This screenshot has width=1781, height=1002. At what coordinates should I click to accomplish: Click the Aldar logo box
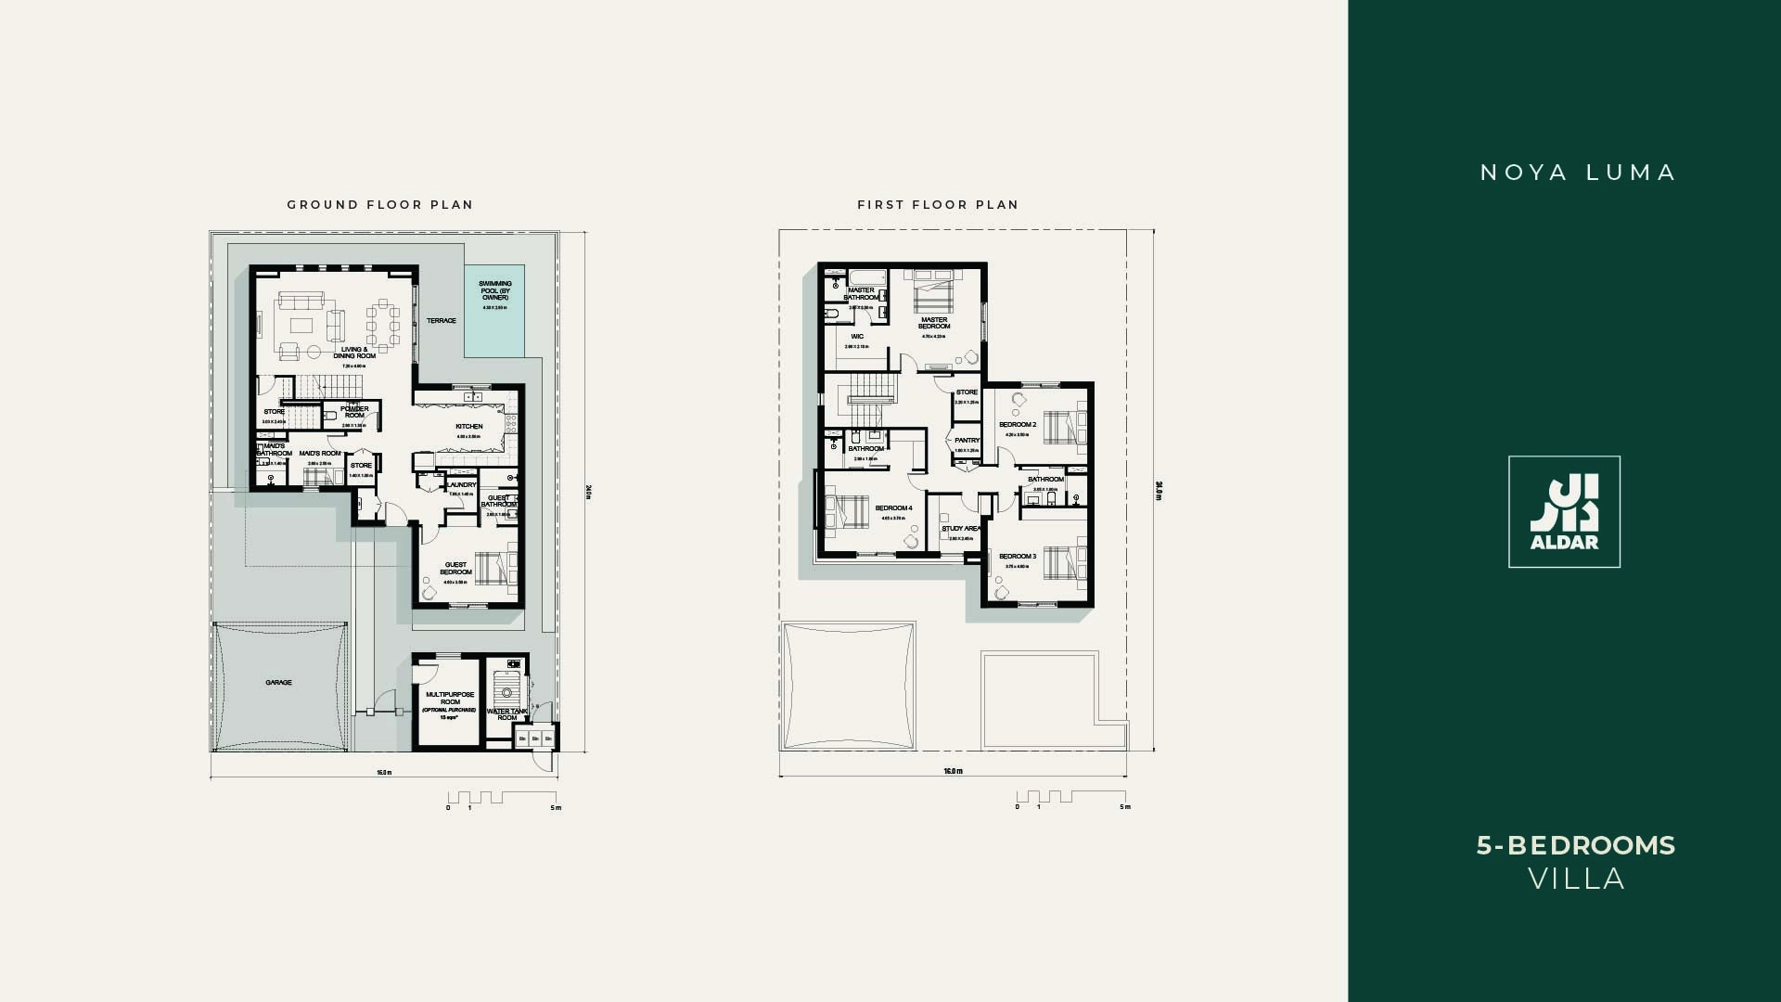pos(1564,511)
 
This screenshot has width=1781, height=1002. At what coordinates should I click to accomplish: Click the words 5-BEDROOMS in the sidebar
pos(1576,845)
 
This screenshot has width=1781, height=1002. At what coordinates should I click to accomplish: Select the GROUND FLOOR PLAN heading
pos(380,205)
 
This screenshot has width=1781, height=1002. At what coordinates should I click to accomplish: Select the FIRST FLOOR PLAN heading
pos(938,205)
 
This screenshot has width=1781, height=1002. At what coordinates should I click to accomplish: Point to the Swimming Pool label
pos(495,290)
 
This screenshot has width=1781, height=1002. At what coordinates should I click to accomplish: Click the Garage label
pos(278,683)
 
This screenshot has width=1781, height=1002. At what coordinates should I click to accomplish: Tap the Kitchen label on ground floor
pos(468,427)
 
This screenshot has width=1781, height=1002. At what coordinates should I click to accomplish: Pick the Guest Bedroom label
pos(455,568)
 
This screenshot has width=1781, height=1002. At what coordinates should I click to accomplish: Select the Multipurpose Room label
pos(450,698)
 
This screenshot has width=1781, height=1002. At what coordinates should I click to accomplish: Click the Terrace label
pos(442,321)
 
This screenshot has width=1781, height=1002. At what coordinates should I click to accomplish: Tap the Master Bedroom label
pos(934,322)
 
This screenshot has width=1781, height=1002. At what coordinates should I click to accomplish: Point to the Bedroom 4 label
pos(894,508)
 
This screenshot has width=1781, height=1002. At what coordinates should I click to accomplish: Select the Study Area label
pos(961,529)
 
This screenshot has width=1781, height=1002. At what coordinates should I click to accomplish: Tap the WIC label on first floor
pos(857,337)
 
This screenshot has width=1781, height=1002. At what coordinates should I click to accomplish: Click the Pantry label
pos(967,441)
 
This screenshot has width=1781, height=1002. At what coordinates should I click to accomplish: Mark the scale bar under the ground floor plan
pos(501,798)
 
